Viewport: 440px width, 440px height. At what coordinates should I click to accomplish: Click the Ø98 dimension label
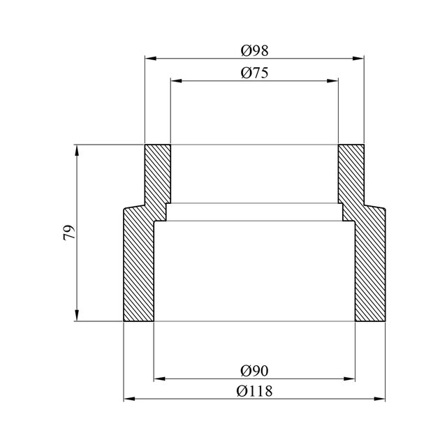pyautogui.click(x=254, y=51)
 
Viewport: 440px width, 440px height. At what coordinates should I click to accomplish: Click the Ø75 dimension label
pyautogui.click(x=254, y=73)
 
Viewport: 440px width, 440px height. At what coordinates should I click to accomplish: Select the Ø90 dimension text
pyautogui.click(x=254, y=371)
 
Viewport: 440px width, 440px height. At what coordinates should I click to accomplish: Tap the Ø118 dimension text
pyautogui.click(x=254, y=391)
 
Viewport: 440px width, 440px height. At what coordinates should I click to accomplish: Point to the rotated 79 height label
pyautogui.click(x=69, y=233)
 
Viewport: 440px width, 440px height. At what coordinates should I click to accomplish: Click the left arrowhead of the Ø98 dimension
pyautogui.click(x=150, y=59)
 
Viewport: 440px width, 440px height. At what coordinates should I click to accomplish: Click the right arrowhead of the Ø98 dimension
pyautogui.click(x=358, y=59)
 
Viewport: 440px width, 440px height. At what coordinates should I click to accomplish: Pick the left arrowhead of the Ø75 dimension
pyautogui.click(x=176, y=81)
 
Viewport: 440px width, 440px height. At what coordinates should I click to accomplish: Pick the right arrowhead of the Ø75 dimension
pyautogui.click(x=332, y=81)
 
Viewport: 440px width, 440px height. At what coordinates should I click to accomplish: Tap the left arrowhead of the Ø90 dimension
pyautogui.click(x=159, y=379)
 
